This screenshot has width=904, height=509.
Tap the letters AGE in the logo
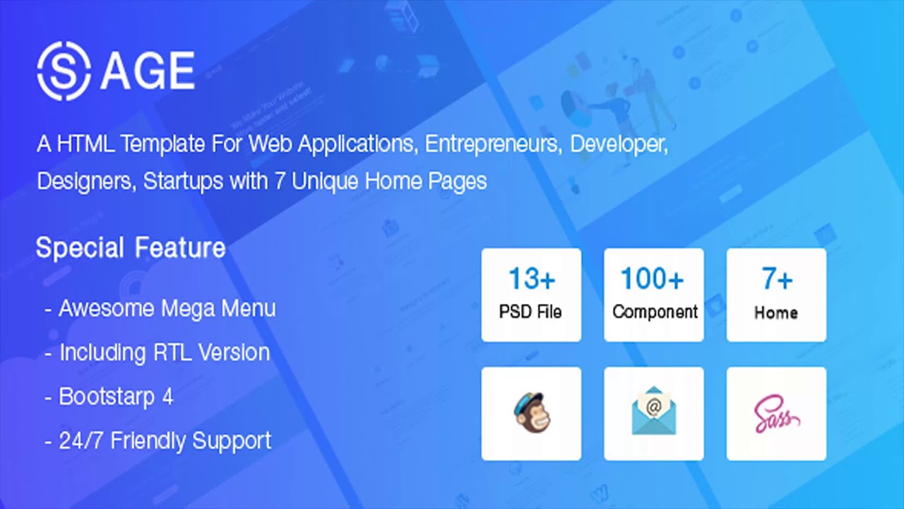148,71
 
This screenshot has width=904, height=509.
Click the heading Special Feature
131,248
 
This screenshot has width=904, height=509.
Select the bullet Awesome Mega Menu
167,309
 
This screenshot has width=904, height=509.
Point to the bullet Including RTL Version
164,353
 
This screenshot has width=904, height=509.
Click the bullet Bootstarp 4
116,397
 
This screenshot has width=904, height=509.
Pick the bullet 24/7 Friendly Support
165,440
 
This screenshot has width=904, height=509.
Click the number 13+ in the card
531,279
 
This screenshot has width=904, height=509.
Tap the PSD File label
531,312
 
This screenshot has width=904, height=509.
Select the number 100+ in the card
653,279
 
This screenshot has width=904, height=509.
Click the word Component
655,312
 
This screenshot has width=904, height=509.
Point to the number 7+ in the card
776,279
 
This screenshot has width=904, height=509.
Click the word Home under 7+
776,312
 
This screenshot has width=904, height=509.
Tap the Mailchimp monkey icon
531,413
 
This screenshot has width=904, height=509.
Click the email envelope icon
654,413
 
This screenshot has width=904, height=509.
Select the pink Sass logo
776,414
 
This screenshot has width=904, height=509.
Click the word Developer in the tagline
618,144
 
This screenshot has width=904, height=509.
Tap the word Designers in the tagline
84,182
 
